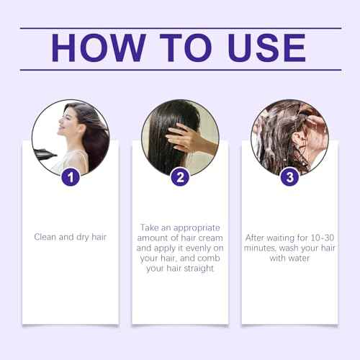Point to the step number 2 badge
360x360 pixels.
pyautogui.click(x=179, y=176)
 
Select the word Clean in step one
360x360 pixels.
pyautogui.click(x=47, y=235)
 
